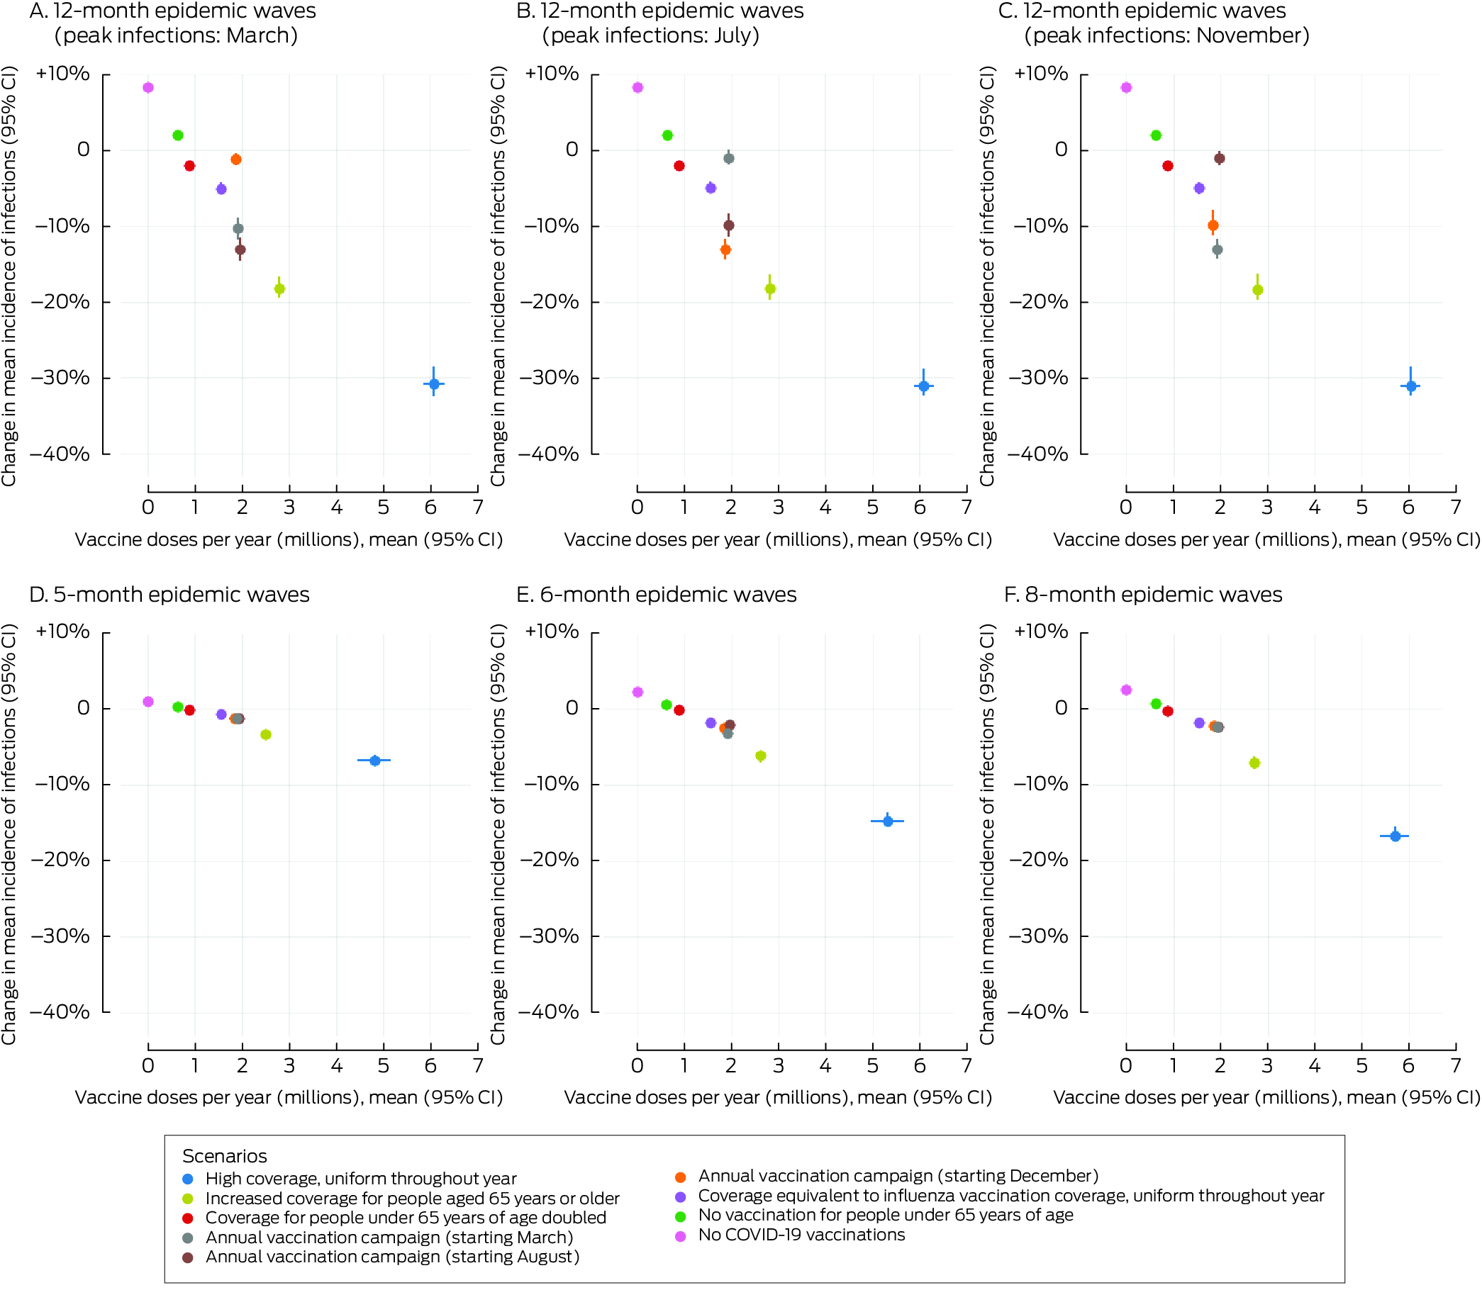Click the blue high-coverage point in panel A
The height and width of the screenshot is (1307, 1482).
433,383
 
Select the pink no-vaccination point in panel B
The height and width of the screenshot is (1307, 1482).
637,88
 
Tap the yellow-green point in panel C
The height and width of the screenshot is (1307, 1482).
1258,290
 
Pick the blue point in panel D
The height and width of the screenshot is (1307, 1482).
375,761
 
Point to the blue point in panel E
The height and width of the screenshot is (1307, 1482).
888,821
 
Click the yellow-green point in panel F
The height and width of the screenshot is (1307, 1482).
1254,763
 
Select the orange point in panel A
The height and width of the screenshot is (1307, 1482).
235,159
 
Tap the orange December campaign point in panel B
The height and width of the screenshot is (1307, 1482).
725,250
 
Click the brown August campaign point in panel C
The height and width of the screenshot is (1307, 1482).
1220,158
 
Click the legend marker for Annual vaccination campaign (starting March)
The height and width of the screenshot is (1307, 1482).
188,1238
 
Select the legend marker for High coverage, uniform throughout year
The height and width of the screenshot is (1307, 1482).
188,1179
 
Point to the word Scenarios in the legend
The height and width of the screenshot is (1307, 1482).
224,1156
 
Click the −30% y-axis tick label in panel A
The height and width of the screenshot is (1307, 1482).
61,378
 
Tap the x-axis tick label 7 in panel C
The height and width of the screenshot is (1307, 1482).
1455,507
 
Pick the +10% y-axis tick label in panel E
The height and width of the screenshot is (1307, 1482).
552,632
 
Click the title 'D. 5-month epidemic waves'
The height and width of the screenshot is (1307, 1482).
169,595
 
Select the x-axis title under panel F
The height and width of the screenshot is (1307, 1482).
1266,1097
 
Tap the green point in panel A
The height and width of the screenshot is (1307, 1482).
178,135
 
